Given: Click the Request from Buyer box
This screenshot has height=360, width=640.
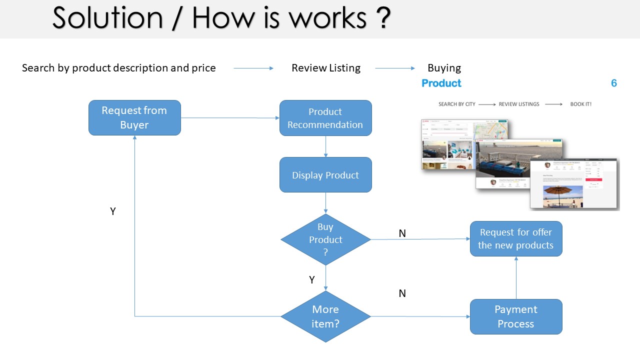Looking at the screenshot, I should coord(134,117).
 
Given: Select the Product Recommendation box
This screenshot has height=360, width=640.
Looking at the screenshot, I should coord(325,118).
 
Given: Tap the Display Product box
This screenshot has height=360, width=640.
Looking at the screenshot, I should coord(325,175).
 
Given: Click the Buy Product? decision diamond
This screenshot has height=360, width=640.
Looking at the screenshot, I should coord(325,239).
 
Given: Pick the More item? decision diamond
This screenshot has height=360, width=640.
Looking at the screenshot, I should coord(325,316).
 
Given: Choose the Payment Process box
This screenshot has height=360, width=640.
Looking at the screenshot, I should coord(516,316).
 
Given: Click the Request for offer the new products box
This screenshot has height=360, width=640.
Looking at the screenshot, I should coord(516,239).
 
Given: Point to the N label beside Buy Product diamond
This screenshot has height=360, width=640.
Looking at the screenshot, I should coord(402,233).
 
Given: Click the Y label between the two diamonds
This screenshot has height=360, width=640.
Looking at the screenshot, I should coord(312,280).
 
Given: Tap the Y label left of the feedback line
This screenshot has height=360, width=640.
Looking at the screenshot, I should coord(113,211).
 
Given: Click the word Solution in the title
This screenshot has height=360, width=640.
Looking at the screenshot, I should coord(107,18).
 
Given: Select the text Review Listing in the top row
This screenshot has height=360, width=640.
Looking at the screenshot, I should coord(326,68).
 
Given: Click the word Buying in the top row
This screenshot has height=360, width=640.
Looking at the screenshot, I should coord(444,68).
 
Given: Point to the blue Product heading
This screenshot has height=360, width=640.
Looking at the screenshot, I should coord(441,83).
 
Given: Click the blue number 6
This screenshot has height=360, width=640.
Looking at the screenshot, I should coord(614,83).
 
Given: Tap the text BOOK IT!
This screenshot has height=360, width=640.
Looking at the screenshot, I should coord(580,104).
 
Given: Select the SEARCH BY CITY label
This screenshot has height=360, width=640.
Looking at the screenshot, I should coord(456,104).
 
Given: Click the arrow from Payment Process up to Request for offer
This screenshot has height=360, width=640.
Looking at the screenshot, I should coord(516,277).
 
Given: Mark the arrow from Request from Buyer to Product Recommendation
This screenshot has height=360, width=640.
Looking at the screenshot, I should coord(230,118).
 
